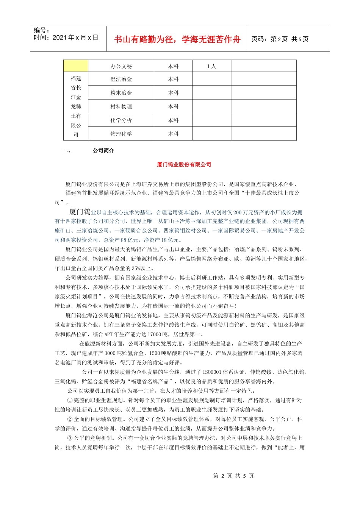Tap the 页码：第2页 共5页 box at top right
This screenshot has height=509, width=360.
(280, 39)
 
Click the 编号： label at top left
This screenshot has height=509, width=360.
(42, 30)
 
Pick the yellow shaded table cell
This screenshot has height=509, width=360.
(76, 66)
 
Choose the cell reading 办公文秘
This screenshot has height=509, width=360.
(121, 66)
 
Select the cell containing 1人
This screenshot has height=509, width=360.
(211, 66)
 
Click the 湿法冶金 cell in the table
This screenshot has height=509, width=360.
(121, 79)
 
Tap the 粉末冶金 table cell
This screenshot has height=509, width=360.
(121, 93)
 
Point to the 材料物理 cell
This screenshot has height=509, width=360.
(121, 106)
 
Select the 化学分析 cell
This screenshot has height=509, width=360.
(121, 120)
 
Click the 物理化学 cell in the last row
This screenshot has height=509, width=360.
(121, 134)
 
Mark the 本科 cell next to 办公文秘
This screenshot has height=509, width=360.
(173, 66)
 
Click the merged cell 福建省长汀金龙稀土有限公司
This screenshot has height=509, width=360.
(76, 106)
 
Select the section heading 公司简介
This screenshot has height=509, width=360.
(103, 150)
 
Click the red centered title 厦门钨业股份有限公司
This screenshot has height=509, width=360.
(184, 165)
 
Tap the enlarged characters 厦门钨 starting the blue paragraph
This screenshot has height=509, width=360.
(80, 212)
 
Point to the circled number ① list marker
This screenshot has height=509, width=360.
(70, 400)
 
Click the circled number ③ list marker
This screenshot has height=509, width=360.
(70, 438)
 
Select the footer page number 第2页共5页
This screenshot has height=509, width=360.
(233, 476)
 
